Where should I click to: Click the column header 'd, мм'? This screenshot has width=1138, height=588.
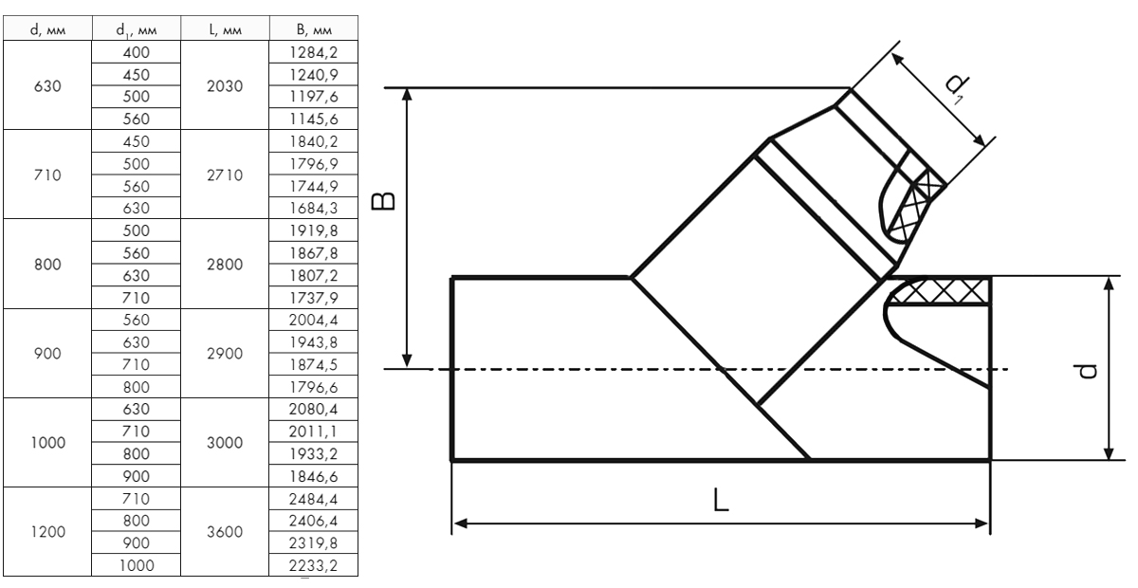pyautogui.click(x=47, y=29)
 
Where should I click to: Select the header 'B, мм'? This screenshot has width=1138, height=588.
pyautogui.click(x=314, y=29)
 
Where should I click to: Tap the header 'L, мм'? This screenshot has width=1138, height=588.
pyautogui.click(x=225, y=29)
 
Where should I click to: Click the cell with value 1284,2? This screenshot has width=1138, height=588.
pyautogui.click(x=314, y=52)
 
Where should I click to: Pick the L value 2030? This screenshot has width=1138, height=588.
pyautogui.click(x=225, y=86)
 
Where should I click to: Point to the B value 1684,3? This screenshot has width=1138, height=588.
pyautogui.click(x=314, y=208)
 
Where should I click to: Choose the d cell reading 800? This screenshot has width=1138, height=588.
pyautogui.click(x=47, y=265)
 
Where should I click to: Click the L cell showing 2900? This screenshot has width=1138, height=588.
pyautogui.click(x=225, y=353)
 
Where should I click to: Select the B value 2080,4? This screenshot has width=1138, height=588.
pyautogui.click(x=314, y=409)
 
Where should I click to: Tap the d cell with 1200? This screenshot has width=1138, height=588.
pyautogui.click(x=47, y=532)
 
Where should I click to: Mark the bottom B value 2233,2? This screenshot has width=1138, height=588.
pyautogui.click(x=314, y=565)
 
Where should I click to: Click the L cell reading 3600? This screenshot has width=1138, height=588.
pyautogui.click(x=225, y=532)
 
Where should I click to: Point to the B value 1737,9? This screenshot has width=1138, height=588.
pyautogui.click(x=314, y=297)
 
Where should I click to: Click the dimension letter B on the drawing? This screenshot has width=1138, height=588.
pyautogui.click(x=383, y=201)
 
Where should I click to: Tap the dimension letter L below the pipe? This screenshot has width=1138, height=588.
pyautogui.click(x=721, y=500)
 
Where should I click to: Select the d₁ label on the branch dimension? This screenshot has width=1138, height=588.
pyautogui.click(x=957, y=87)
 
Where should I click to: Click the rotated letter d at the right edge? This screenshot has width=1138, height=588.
pyautogui.click(x=1087, y=372)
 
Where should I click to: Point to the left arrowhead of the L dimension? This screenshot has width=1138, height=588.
pyautogui.click(x=460, y=523)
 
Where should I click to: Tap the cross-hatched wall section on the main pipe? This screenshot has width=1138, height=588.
pyautogui.click(x=940, y=291)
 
